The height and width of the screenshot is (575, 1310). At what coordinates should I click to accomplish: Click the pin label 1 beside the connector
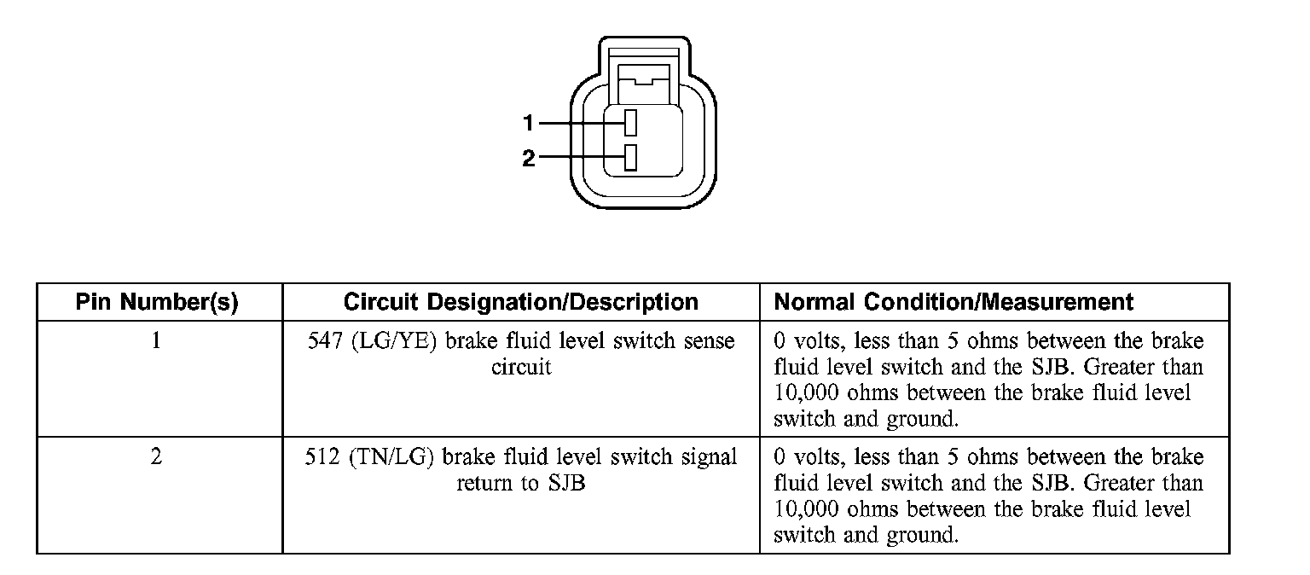pyautogui.click(x=528, y=124)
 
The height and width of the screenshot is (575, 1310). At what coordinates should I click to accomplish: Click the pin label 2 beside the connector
pyautogui.click(x=528, y=158)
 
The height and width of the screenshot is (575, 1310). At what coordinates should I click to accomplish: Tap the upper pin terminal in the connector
pyautogui.click(x=630, y=124)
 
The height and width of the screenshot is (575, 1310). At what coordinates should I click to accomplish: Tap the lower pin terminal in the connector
pyautogui.click(x=630, y=157)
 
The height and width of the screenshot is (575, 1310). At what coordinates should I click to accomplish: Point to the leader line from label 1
pyautogui.click(x=580, y=124)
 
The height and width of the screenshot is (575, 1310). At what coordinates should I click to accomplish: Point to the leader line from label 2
pyautogui.click(x=580, y=157)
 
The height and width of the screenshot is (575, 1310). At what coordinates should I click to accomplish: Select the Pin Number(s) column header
pyautogui.click(x=157, y=302)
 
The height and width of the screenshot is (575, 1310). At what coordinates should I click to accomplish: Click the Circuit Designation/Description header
pyautogui.click(x=520, y=302)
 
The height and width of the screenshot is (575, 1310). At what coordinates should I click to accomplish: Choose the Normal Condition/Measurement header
pyautogui.click(x=954, y=302)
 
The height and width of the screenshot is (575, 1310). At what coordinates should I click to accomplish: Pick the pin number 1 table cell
pyautogui.click(x=157, y=341)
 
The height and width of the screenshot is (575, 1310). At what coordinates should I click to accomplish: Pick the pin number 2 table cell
pyautogui.click(x=157, y=457)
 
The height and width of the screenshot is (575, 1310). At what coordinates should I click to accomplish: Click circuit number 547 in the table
pyautogui.click(x=323, y=341)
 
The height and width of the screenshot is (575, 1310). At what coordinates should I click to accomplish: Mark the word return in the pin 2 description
pyautogui.click(x=486, y=484)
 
